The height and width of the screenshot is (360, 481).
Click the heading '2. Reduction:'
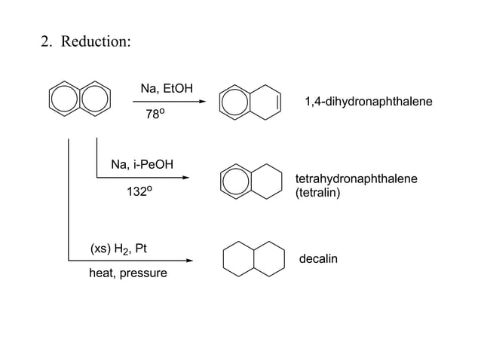click(x=86, y=41)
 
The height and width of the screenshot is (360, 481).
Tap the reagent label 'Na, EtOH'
click(x=167, y=89)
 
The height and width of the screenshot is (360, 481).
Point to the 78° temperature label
click(x=155, y=115)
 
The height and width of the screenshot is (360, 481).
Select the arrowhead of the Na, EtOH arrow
click(x=201, y=102)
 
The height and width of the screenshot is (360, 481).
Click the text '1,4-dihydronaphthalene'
click(x=368, y=100)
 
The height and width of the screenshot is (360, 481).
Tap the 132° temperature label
click(x=139, y=192)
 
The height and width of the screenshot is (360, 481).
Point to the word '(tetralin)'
click(x=318, y=193)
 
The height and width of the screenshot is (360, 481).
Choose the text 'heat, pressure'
click(x=128, y=273)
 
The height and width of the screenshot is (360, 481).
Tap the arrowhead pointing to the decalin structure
click(x=189, y=261)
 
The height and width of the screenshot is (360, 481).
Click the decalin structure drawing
click(x=254, y=258)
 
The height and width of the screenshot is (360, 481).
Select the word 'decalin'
click(x=319, y=260)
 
